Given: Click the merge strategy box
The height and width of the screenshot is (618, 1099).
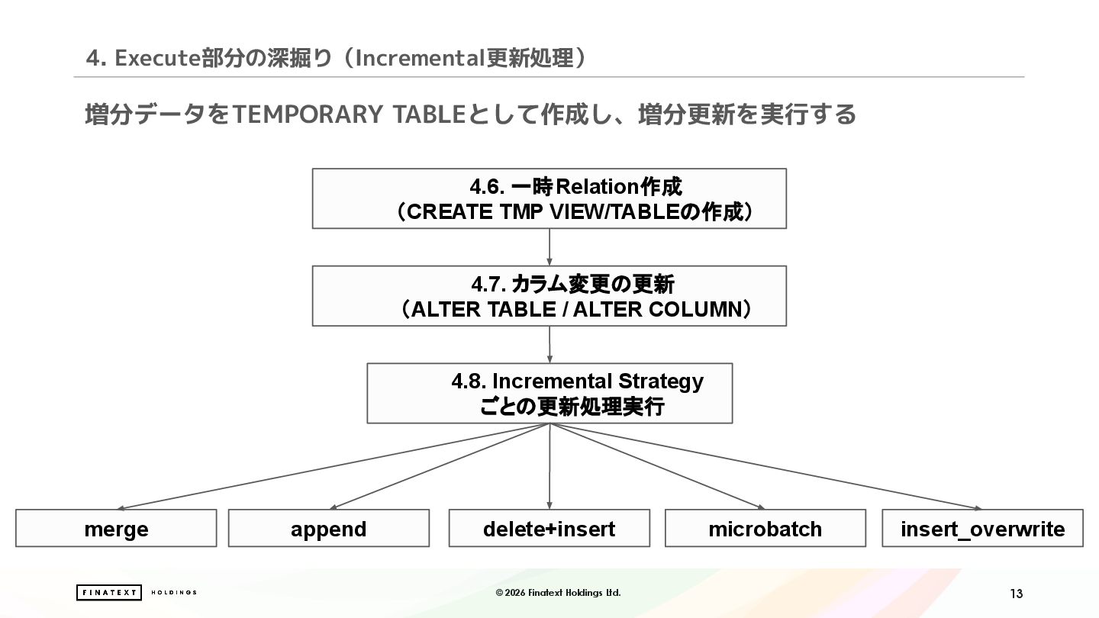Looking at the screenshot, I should click(x=116, y=528).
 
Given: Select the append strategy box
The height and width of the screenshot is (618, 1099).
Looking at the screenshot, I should click(x=328, y=528).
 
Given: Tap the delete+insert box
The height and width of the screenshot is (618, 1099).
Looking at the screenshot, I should click(x=549, y=528).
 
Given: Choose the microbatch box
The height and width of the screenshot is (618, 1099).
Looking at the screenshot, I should click(x=765, y=528).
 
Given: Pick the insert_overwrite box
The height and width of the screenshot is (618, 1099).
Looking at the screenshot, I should click(x=982, y=528).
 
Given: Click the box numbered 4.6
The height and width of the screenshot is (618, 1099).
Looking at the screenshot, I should click(x=549, y=198).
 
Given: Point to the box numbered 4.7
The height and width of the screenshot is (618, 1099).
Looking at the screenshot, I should click(x=549, y=296).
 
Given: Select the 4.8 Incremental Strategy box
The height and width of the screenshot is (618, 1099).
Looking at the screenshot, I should click(x=549, y=393).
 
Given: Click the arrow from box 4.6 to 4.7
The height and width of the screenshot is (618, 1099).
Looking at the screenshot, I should click(x=549, y=247).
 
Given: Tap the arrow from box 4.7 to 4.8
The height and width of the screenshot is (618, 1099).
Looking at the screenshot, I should click(x=549, y=344).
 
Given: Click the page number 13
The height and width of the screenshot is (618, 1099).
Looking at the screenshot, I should click(x=1016, y=594).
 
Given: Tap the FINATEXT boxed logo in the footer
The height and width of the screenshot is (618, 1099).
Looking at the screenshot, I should click(x=108, y=593).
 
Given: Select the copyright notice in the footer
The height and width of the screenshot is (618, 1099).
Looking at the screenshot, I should click(x=558, y=593).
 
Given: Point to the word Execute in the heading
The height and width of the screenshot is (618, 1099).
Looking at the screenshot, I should click(x=158, y=58).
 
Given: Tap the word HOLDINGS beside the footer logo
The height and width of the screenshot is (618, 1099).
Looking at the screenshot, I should click(x=174, y=593).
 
